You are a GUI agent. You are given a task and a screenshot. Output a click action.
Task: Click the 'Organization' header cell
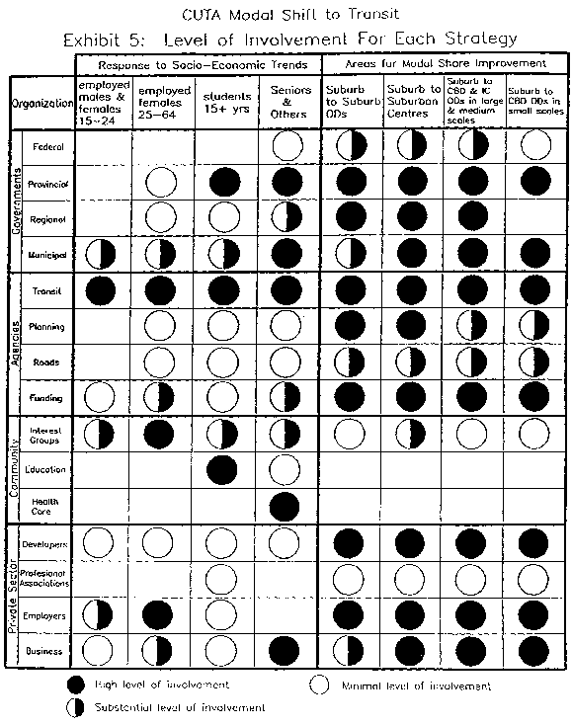(42, 103)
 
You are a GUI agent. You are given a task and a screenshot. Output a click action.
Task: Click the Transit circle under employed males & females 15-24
(103, 290)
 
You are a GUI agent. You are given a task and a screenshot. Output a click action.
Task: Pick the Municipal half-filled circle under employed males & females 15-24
(103, 255)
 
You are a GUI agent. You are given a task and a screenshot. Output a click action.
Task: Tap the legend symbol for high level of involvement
(74, 685)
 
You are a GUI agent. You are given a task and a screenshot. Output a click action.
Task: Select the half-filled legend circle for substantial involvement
(74, 707)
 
